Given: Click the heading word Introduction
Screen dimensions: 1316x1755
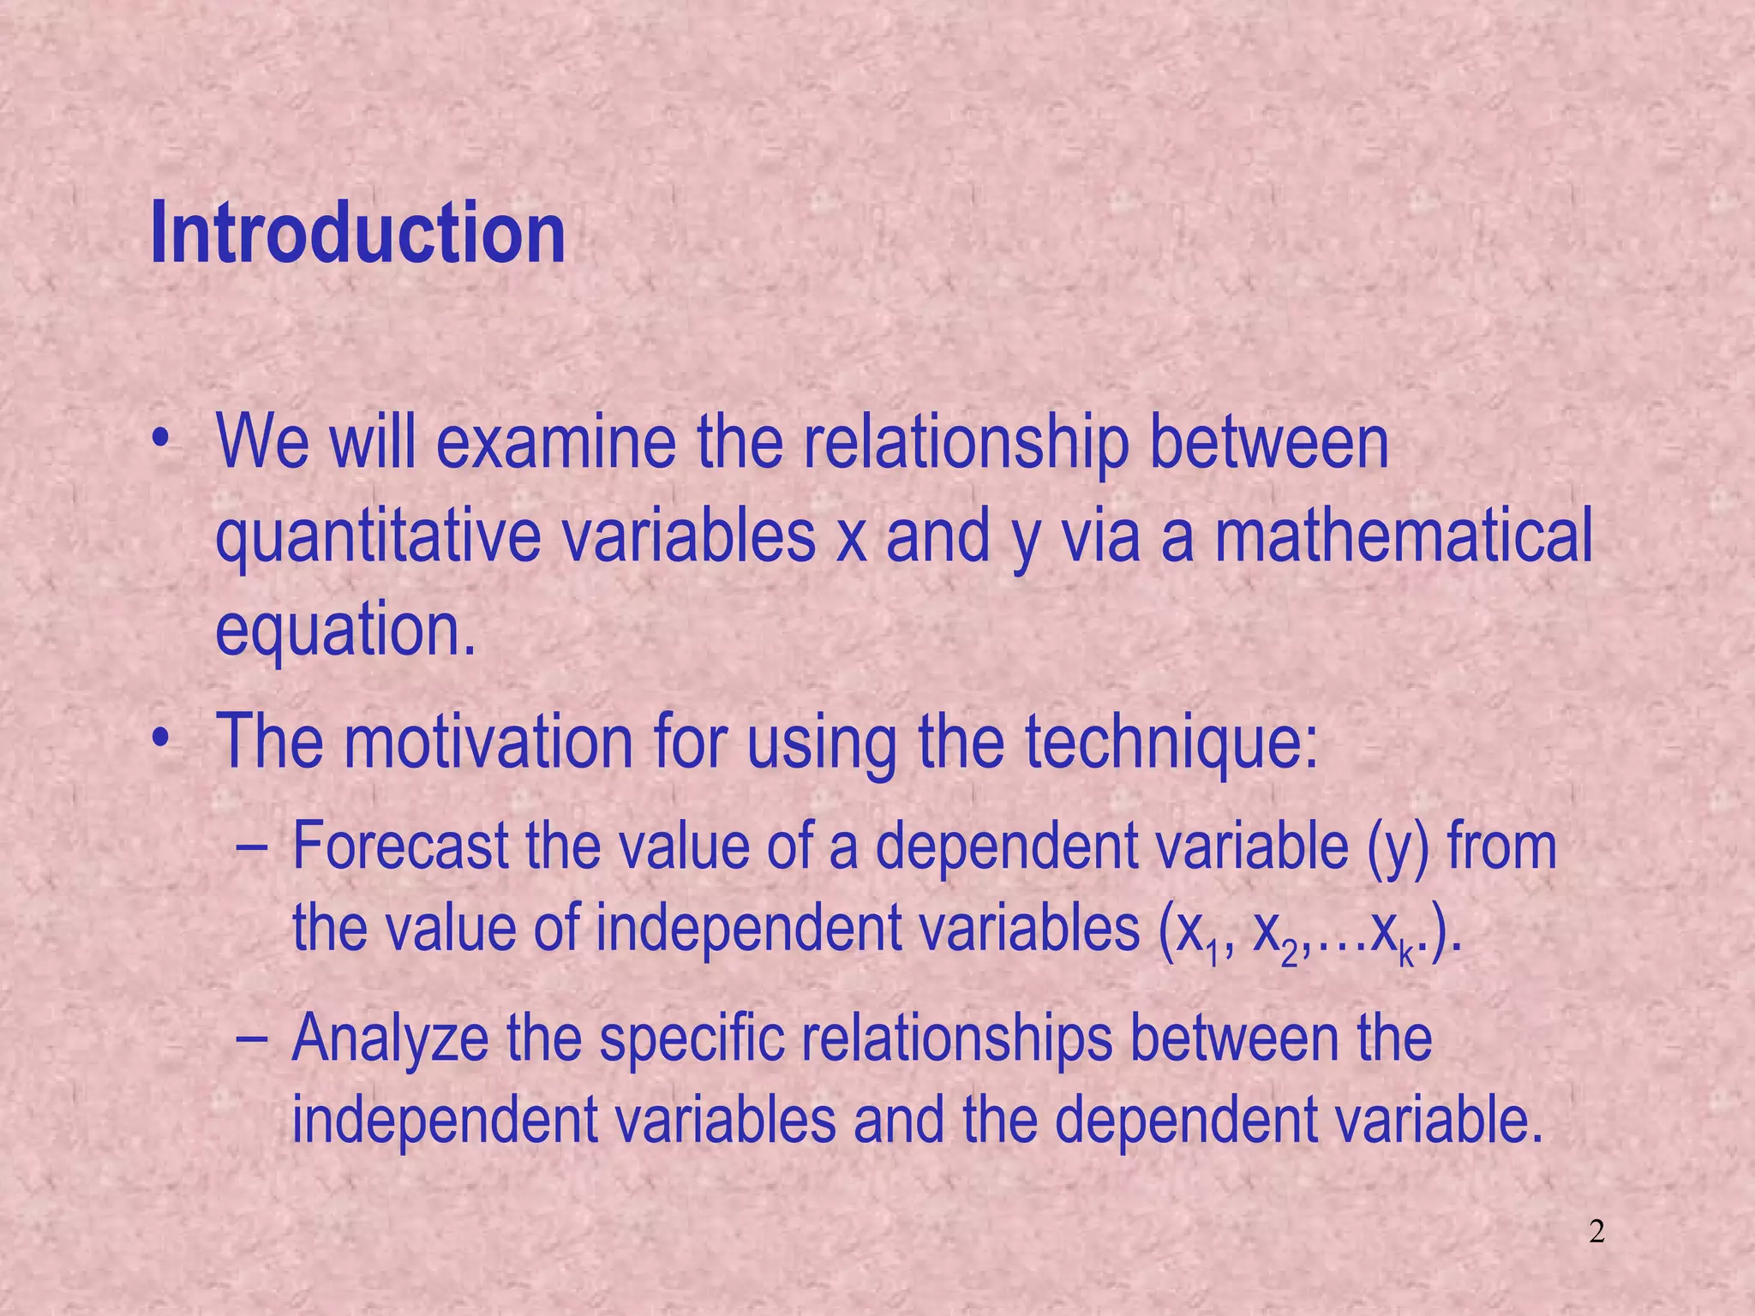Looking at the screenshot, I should pyautogui.click(x=357, y=233).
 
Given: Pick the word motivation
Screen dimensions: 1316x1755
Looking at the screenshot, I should pyautogui.click(x=488, y=742).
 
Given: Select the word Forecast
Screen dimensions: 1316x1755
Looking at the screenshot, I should pyautogui.click(x=400, y=846).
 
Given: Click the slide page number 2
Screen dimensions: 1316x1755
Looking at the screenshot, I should pyautogui.click(x=1596, y=1233).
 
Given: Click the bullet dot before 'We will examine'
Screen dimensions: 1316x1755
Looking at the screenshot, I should pyautogui.click(x=158, y=442).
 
